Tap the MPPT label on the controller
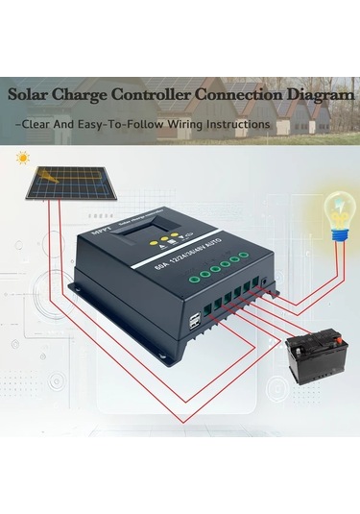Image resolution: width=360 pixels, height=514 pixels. [x=100, y=232]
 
